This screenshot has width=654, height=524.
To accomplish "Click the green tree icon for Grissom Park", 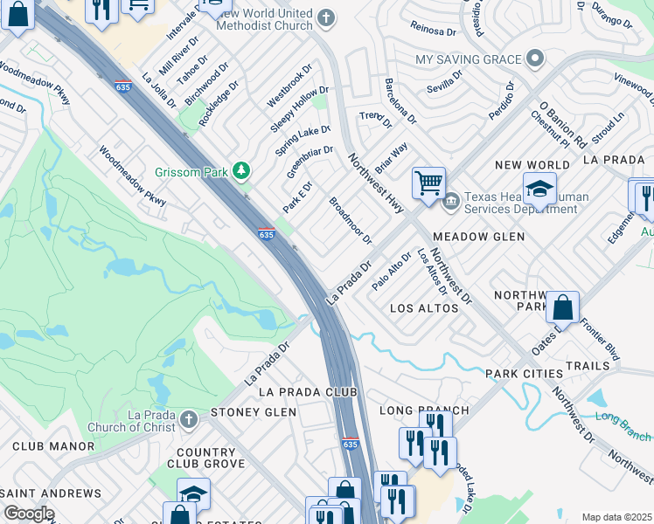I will point(241,172).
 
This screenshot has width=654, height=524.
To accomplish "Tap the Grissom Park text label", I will point(191,172).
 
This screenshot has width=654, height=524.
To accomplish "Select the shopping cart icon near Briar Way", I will point(428,184).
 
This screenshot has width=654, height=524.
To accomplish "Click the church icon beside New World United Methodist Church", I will point(326,18).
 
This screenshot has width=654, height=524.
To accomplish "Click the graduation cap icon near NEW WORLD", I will point(539,190).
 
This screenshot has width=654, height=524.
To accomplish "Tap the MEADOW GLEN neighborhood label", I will point(478,237).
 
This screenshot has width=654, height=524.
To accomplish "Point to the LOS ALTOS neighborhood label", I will point(424,308).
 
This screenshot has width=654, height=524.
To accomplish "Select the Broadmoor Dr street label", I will point(351,221).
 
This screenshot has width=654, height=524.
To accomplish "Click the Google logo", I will point(28,514).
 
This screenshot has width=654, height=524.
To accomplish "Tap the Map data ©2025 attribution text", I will point(616,517).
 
